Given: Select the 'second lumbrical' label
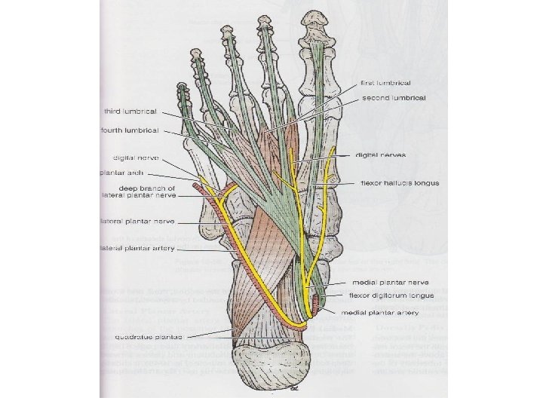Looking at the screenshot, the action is [x=394, y=99].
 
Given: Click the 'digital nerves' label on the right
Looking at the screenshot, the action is [x=380, y=155].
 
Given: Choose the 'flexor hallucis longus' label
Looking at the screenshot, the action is [x=390, y=182].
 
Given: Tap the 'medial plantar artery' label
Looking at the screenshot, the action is [x=382, y=311].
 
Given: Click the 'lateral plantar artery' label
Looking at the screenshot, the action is [x=137, y=248].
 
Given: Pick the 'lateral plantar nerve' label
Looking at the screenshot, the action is [x=137, y=222].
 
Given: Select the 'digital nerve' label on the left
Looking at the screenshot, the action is [x=134, y=158].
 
